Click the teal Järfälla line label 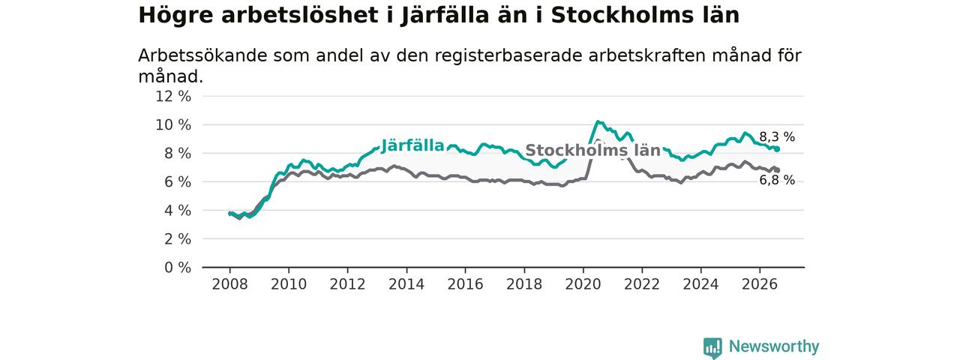pos(412,145)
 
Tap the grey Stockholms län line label pos(592,151)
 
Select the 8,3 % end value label pos(776,137)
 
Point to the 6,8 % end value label pos(776,181)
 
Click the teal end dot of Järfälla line pos(776,149)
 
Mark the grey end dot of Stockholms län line pos(776,170)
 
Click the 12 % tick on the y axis pos(173,97)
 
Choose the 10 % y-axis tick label pos(173,125)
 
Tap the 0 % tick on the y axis pos(178,268)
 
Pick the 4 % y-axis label pos(178,211)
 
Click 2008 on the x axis pos(229,284)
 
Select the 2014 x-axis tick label pos(406,284)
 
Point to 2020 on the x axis pos(583,284)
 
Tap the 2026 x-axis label pos(760,284)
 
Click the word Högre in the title pos(175,16)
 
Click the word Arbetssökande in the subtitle pos(202,55)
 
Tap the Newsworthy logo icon pos(712,346)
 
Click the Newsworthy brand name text pos(774,346)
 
